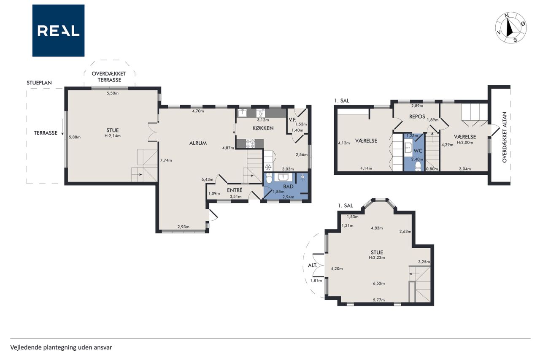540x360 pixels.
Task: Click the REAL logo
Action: click(58, 31)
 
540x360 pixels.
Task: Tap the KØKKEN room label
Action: click(263, 128)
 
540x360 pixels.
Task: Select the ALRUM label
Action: click(198, 143)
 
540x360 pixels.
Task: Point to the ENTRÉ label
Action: click(235, 190)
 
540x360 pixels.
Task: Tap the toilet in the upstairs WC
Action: click(418, 166)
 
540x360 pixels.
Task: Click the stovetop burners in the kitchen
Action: click(250, 143)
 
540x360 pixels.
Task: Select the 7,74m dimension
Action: click(166, 160)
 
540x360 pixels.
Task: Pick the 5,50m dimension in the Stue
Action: click(113, 93)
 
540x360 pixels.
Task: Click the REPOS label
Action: click(417, 117)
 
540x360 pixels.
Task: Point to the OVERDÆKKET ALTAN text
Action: click(505, 137)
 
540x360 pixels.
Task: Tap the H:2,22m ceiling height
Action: click(377, 257)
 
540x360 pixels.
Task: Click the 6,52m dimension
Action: click(379, 283)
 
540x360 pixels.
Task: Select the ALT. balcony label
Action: click(313, 265)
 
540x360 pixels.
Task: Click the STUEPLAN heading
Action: click(39, 83)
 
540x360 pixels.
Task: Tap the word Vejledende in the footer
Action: click(26, 347)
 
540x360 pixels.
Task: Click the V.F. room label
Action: click(292, 119)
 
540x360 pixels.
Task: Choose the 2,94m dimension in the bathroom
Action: click(288, 197)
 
